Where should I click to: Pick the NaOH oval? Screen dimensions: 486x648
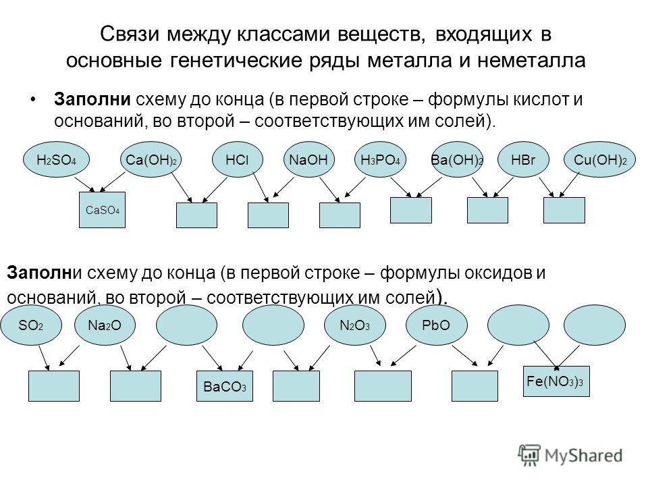(307, 161)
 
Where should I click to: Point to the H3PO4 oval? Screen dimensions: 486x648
(379, 161)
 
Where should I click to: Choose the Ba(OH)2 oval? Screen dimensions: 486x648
(457, 161)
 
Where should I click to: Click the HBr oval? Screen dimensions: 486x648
(523, 161)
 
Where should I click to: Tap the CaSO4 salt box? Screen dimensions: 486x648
(102, 210)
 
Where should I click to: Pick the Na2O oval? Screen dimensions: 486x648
(105, 325)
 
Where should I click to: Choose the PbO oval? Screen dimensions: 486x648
(435, 325)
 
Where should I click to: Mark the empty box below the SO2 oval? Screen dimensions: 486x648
(54, 387)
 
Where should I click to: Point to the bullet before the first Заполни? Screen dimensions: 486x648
(34, 101)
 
